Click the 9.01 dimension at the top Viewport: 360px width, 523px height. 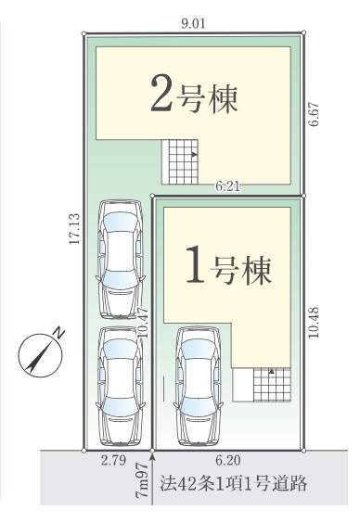[x=194, y=24]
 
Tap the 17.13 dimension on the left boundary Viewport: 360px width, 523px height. [x=74, y=229]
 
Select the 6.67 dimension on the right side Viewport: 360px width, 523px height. [x=314, y=114]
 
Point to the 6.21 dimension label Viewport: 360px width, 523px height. [x=227, y=186]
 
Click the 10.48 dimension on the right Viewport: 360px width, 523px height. [x=314, y=323]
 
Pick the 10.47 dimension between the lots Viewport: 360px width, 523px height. [x=143, y=323]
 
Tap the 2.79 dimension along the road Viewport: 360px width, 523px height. [x=114, y=460]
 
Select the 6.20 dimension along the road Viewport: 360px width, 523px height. [x=228, y=460]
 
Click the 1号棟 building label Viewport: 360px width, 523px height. [x=228, y=265]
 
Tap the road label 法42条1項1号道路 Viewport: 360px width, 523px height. [x=233, y=483]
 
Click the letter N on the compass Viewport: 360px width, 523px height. [x=58, y=333]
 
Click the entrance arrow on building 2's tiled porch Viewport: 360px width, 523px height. [x=195, y=154]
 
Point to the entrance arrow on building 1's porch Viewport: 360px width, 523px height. [x=272, y=371]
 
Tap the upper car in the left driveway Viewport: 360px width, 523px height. [x=121, y=259]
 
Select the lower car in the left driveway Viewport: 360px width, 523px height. [x=121, y=386]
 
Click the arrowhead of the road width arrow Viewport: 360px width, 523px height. [x=152, y=456]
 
